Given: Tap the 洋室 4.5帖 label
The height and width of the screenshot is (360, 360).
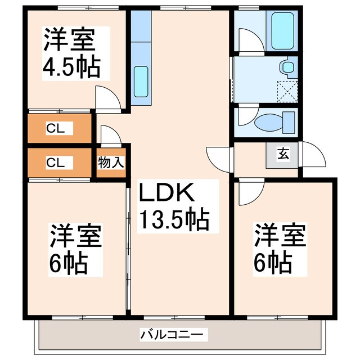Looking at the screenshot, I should click(x=71, y=53).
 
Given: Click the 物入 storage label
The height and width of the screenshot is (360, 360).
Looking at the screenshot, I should click(x=111, y=163).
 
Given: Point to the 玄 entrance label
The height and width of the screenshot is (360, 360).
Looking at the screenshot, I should click(x=283, y=153).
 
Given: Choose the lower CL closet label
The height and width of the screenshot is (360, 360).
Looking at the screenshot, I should click(x=56, y=163).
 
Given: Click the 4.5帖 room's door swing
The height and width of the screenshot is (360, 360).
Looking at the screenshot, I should click(x=107, y=99).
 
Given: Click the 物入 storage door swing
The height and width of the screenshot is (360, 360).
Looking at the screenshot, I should click(x=110, y=135).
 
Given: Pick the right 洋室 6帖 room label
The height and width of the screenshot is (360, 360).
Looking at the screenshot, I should click(x=280, y=248).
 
